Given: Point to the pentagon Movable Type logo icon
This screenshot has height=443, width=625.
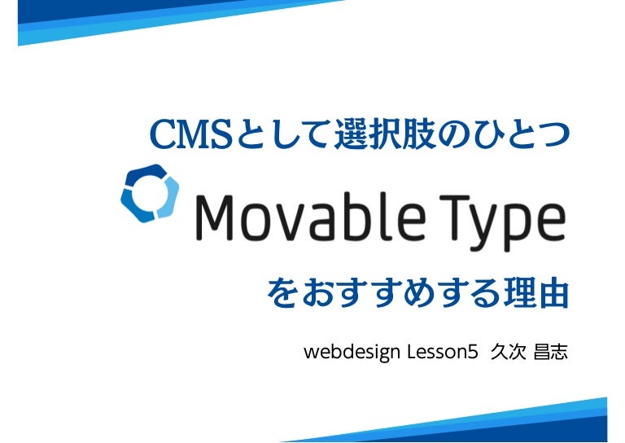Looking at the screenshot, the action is pyautogui.click(x=150, y=193).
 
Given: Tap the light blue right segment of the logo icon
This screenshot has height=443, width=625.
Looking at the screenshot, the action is pyautogui.click(x=168, y=197).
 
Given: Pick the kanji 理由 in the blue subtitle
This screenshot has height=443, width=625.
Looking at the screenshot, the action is pyautogui.click(x=536, y=293).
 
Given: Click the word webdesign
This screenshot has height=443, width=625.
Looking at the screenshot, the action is pyautogui.click(x=352, y=352).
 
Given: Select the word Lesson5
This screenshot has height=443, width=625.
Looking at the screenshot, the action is pyautogui.click(x=443, y=352).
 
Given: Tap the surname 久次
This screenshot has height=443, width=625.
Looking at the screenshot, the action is pyautogui.click(x=508, y=352).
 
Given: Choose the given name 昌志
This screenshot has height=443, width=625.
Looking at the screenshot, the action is pyautogui.click(x=550, y=352).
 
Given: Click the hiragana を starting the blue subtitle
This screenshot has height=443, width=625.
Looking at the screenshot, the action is pyautogui.click(x=282, y=293).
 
